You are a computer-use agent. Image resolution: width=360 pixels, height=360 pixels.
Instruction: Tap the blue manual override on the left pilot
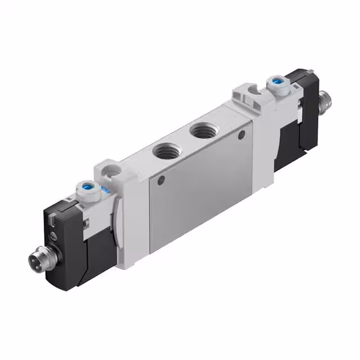click(x=87, y=187)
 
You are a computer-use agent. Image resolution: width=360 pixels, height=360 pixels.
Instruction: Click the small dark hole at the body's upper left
click(x=161, y=181)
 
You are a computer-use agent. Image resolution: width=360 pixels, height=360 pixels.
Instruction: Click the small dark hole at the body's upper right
click(x=242, y=135)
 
